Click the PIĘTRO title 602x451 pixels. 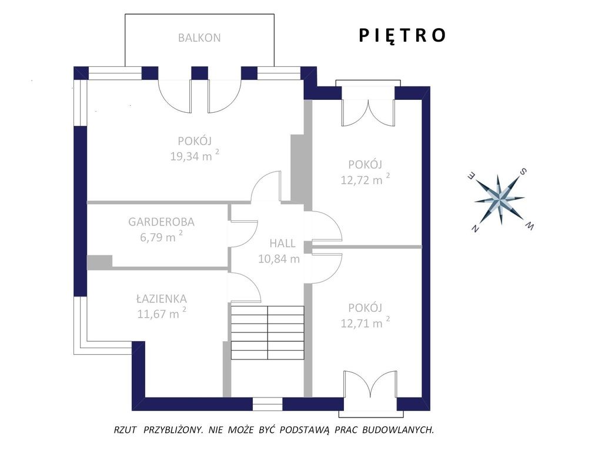(x=402, y=35)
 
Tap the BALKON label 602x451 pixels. (x=199, y=38)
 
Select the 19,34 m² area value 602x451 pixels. (x=195, y=156)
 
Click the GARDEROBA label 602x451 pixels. (x=161, y=221)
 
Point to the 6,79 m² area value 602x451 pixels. (x=161, y=237)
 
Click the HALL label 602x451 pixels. (x=282, y=243)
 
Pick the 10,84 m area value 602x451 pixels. (x=279, y=259)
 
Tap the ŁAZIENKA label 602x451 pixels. (x=162, y=298)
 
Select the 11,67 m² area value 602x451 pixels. (x=162, y=314)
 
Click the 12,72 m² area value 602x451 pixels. (x=365, y=179)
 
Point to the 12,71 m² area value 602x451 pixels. (x=365, y=322)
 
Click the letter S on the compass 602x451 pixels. (x=523, y=171)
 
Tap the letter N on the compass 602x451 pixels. (x=475, y=228)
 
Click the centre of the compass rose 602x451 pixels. (x=500, y=200)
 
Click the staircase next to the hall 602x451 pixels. (x=267, y=332)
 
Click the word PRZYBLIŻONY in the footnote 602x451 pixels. (x=173, y=430)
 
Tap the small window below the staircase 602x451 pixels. (x=267, y=404)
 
